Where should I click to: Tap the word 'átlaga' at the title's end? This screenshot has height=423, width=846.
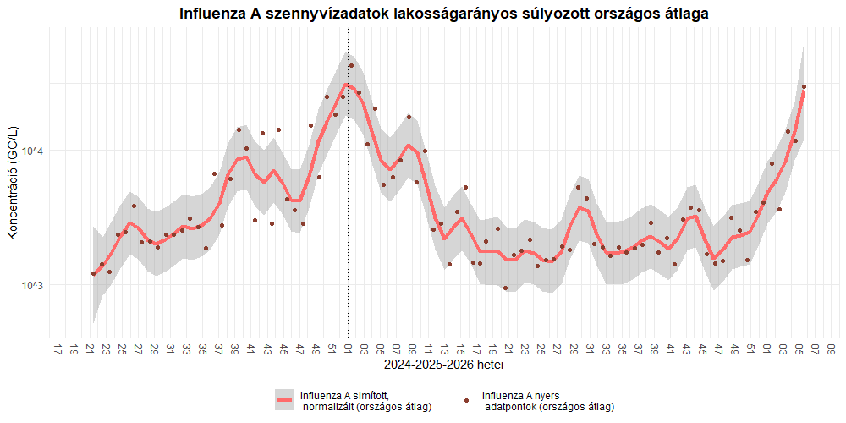point(682,14)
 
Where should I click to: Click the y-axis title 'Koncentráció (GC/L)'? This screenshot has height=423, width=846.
point(12,182)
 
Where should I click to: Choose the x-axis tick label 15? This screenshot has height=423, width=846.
point(460,349)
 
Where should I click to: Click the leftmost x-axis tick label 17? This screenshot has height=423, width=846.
point(58,349)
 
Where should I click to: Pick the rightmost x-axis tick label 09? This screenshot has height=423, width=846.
point(832,349)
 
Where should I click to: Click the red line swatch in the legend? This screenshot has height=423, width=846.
point(285,399)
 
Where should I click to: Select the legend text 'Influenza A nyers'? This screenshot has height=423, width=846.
point(520,394)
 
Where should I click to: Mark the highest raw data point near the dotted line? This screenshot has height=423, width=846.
point(351,65)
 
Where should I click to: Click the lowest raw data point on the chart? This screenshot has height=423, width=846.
point(506,288)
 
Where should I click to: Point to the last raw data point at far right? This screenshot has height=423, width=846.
point(804,86)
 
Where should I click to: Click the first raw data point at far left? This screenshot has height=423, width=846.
point(93,273)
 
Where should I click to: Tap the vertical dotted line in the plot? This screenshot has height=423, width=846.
point(349,211)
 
